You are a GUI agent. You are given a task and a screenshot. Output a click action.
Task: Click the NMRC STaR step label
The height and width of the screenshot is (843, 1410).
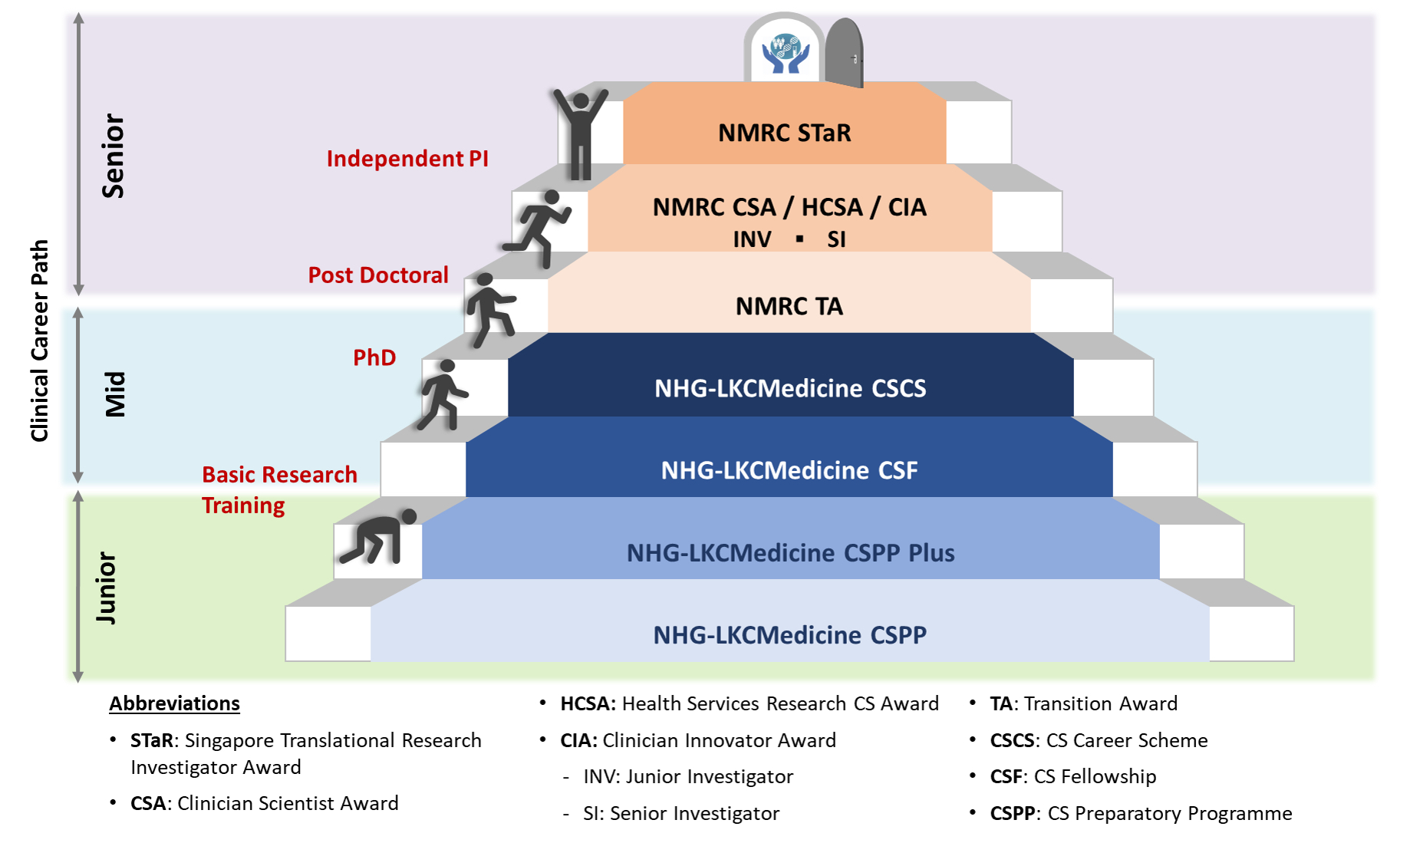pyautogui.click(x=785, y=133)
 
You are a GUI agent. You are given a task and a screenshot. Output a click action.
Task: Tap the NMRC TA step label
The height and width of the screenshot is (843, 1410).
pyautogui.click(x=789, y=306)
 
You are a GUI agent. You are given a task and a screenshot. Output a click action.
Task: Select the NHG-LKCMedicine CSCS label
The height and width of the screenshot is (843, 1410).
pyautogui.click(x=790, y=388)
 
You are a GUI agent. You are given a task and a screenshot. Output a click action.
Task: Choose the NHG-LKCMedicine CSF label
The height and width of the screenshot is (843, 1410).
pyautogui.click(x=789, y=470)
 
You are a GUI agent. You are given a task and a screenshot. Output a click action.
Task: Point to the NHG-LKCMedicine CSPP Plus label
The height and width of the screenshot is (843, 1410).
pyautogui.click(x=791, y=552)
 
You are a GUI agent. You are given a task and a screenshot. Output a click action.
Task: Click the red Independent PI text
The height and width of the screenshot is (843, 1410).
pyautogui.click(x=407, y=158)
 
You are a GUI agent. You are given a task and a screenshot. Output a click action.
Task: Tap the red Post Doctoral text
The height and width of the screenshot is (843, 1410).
pyautogui.click(x=378, y=275)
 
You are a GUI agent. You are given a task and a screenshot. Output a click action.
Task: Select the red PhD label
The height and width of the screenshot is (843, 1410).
pyautogui.click(x=374, y=357)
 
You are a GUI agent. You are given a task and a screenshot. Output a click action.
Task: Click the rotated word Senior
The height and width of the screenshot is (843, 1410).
pyautogui.click(x=113, y=156)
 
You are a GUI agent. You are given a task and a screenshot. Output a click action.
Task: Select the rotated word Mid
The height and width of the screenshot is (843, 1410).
pyautogui.click(x=115, y=394)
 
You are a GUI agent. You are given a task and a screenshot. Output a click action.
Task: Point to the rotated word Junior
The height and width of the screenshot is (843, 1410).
pyautogui.click(x=107, y=588)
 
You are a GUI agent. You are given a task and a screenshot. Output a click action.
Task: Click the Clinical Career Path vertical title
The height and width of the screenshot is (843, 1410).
pyautogui.click(x=39, y=341)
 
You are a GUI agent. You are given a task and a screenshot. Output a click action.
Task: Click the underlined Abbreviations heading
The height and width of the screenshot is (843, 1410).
pyautogui.click(x=174, y=703)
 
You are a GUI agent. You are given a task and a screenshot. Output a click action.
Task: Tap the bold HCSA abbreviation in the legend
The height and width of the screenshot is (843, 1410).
pyautogui.click(x=588, y=703)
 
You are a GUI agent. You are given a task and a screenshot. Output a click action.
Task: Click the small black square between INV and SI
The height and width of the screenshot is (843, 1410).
pyautogui.click(x=799, y=239)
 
